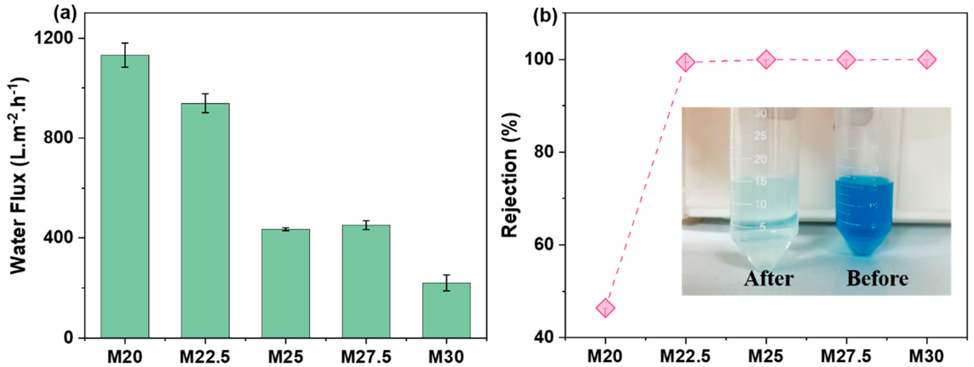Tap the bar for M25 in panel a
[x=286, y=283]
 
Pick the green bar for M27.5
[x=366, y=281]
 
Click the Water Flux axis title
[x=18, y=175]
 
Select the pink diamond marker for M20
[x=605, y=308]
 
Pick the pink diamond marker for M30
[x=927, y=59]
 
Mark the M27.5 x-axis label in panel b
[x=846, y=356]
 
